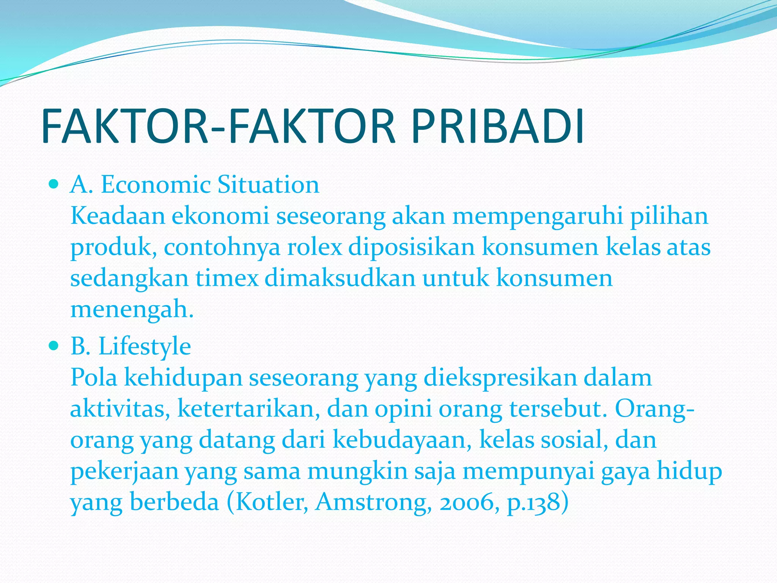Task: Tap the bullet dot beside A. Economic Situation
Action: coord(54,185)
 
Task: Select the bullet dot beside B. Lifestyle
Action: coord(54,346)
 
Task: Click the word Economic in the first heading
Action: coord(155,185)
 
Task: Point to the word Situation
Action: coord(268,185)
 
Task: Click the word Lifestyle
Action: coord(145,347)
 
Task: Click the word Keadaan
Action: coord(118,216)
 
